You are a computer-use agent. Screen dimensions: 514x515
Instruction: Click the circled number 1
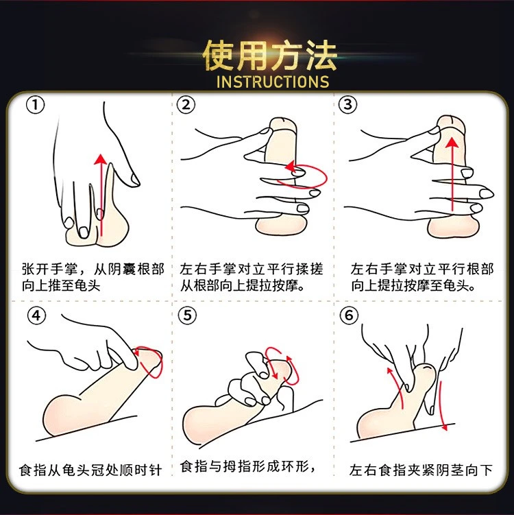[x=35, y=105]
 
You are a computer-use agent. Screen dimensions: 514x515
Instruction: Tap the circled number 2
[x=186, y=105]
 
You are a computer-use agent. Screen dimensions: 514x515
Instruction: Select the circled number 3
[x=347, y=105]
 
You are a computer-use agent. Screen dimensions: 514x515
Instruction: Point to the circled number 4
[x=36, y=315]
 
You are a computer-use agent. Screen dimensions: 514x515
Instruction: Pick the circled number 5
[x=187, y=315]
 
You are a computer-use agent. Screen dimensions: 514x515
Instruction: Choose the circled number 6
[x=349, y=315]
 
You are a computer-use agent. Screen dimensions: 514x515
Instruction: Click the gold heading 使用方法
[x=269, y=56]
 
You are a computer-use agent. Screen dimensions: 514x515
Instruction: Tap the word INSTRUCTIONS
[x=273, y=82]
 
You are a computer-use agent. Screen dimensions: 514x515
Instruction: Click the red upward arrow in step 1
[x=101, y=195]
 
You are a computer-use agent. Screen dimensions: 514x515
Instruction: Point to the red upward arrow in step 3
[x=452, y=174]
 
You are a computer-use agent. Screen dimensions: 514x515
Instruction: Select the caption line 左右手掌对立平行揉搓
[x=252, y=269]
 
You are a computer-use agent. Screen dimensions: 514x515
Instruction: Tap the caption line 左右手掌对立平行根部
[x=421, y=269]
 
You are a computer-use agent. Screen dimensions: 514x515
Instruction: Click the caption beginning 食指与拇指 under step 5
[x=248, y=466]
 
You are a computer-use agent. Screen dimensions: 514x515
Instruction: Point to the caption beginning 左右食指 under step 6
[x=421, y=470]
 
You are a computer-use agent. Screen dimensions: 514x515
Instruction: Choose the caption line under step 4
[x=90, y=470]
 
